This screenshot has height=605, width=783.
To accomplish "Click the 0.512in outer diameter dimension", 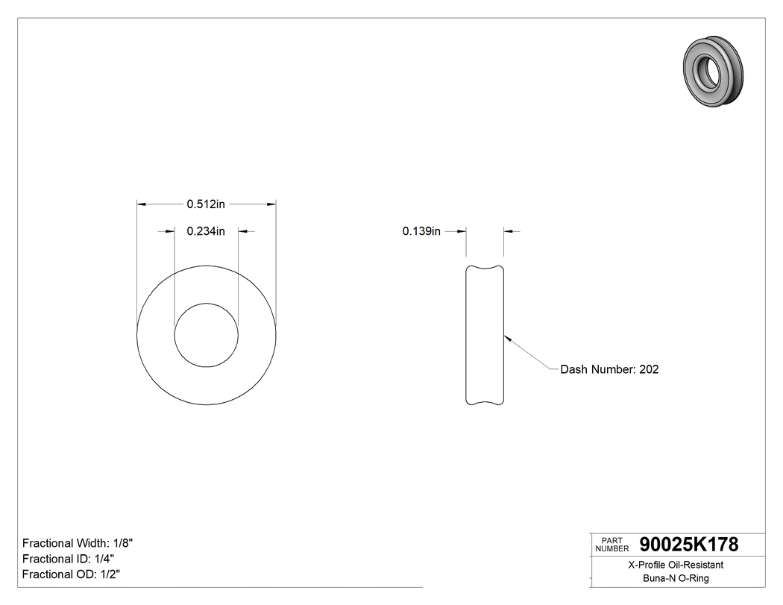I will click(x=206, y=203).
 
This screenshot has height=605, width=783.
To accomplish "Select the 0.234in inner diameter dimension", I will click(x=206, y=231).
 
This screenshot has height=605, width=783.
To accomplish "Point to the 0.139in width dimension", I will click(x=422, y=231).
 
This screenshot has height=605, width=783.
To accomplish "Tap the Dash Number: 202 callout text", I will click(x=609, y=369).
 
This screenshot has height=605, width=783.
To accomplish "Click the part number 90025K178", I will click(x=684, y=545).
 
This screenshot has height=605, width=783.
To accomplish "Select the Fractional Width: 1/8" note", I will click(x=78, y=543).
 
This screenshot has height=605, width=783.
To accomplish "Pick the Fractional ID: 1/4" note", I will click(x=69, y=559).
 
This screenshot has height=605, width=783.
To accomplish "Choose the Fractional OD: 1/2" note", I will click(x=72, y=574).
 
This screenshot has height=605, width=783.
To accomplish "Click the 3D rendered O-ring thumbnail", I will click(x=712, y=70).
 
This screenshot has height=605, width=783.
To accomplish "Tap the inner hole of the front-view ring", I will click(x=207, y=335).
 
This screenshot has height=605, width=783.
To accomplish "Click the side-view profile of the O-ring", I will click(x=485, y=336).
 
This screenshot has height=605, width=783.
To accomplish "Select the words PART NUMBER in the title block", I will click(x=611, y=544).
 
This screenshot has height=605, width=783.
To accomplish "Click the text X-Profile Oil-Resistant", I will click(x=676, y=565).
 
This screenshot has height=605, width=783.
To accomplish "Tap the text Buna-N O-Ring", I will click(x=676, y=578).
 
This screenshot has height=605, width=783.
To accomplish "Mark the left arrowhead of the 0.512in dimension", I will click(x=141, y=203).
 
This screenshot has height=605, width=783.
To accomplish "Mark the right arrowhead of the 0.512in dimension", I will click(x=272, y=203).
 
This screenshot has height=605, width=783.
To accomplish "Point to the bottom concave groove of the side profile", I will click(x=485, y=403).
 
